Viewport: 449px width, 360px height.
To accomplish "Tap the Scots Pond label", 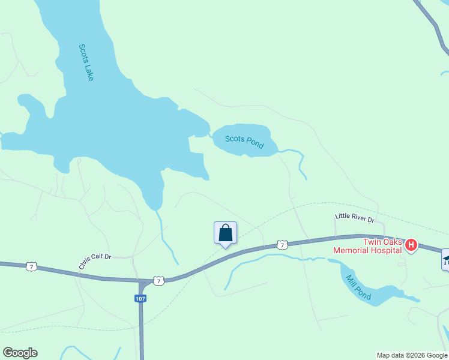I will (x=244, y=141).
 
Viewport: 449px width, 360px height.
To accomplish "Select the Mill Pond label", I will (x=358, y=287).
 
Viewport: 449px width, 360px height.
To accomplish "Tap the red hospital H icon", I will (x=411, y=245).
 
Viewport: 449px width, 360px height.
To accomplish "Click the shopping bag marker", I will (x=225, y=233).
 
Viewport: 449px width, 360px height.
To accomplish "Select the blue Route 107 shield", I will (x=140, y=298).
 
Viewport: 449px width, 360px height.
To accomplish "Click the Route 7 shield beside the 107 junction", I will (x=158, y=280).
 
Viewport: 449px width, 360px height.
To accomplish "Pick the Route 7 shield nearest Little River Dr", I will (x=282, y=245).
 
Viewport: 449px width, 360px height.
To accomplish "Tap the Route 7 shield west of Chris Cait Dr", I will (x=31, y=266).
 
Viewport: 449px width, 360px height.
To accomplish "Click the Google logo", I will (x=20, y=353).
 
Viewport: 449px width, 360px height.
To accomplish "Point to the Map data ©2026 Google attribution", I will (x=412, y=355).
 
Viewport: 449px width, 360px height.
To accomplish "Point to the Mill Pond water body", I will (x=384, y=294).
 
